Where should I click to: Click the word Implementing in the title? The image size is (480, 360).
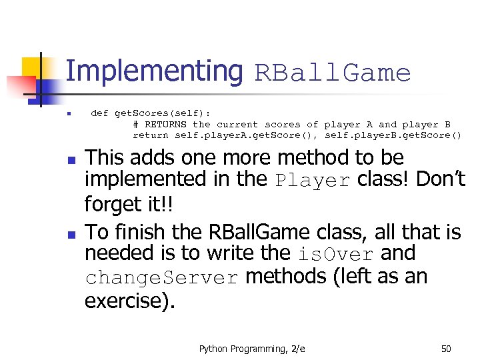(x=155, y=71)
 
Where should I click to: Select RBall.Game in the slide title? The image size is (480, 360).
(x=333, y=73)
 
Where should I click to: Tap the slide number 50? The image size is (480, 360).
(x=446, y=348)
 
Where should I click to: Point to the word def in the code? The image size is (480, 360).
(x=99, y=113)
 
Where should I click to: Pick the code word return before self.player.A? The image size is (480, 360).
(x=151, y=135)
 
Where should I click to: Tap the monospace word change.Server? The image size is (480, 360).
(x=161, y=278)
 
